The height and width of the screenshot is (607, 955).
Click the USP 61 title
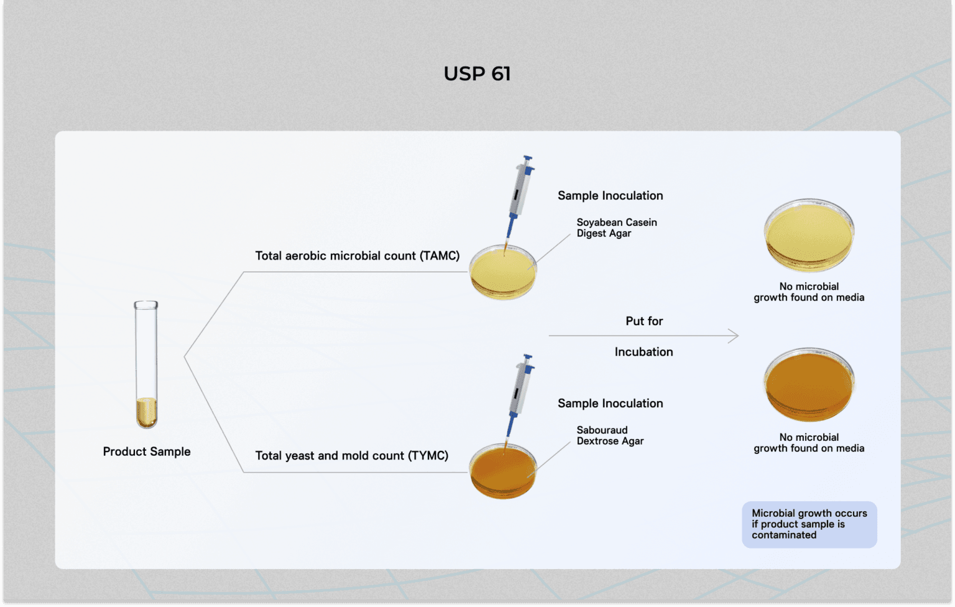click(x=477, y=73)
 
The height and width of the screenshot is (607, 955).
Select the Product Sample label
click(x=147, y=452)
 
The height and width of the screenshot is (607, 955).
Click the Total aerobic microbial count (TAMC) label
click(x=357, y=256)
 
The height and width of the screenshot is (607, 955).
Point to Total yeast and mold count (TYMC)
click(x=351, y=455)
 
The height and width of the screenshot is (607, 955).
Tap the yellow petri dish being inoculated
click(x=502, y=274)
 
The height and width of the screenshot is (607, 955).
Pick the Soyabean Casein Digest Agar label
click(x=616, y=228)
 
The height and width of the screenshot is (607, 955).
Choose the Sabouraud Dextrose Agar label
click(x=610, y=435)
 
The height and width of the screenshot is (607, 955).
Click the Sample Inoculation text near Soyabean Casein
click(x=610, y=195)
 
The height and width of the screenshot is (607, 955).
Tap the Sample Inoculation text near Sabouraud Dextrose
click(x=610, y=403)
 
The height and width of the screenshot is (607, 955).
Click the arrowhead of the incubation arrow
click(x=734, y=336)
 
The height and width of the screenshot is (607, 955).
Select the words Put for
click(x=644, y=321)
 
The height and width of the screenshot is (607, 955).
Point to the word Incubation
click(x=644, y=351)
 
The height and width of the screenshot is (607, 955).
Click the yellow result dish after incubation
click(x=809, y=236)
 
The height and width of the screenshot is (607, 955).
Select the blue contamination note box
click(x=809, y=524)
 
